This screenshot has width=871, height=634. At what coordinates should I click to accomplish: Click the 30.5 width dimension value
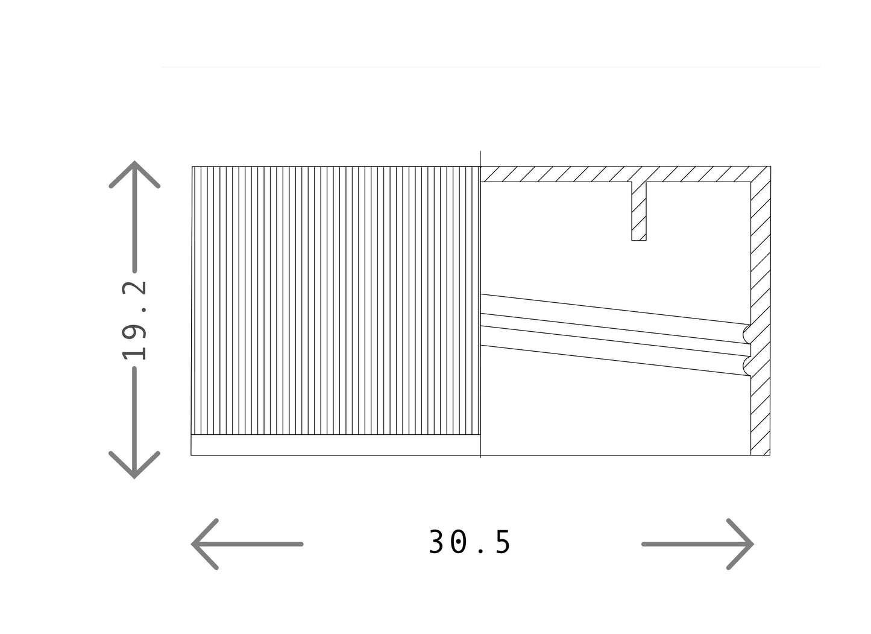(470, 542)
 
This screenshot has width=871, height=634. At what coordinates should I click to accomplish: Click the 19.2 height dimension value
(134, 320)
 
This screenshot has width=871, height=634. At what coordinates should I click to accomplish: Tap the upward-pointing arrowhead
(134, 174)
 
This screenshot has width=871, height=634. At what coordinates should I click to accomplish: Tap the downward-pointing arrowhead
(134, 464)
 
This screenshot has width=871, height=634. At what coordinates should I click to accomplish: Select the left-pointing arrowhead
(205, 544)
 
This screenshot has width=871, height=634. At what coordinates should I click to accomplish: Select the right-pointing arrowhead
(740, 544)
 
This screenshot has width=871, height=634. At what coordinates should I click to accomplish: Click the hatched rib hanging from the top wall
(639, 211)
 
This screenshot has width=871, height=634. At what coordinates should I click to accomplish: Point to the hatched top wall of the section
(625, 174)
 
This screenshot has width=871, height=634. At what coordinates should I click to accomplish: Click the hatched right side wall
(761, 319)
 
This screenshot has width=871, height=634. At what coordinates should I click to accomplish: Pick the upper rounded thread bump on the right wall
(747, 334)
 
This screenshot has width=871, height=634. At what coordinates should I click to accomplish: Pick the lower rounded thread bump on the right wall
(747, 366)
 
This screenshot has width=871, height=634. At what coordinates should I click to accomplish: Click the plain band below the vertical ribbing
(336, 445)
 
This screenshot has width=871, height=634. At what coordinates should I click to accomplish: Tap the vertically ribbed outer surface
(336, 300)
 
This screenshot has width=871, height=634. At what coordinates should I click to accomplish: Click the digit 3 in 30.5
(436, 542)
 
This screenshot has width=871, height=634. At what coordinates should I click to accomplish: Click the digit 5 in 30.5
(502, 542)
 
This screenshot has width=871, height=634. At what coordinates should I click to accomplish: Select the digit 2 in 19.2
(134, 288)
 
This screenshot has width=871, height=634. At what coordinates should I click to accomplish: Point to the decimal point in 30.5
(481, 551)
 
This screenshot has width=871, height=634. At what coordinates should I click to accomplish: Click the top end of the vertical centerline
(480, 151)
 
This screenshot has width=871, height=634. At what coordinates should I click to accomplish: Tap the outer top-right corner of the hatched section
(771, 166)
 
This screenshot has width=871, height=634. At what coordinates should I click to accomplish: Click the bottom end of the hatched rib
(639, 241)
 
